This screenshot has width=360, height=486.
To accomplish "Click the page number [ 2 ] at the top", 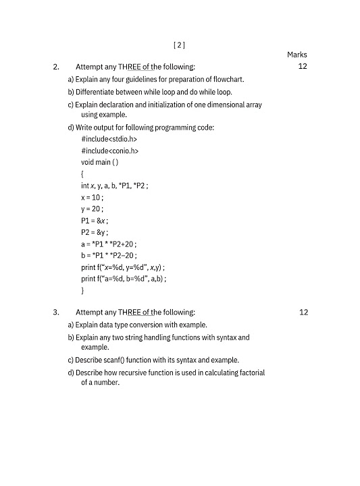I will point(179,45).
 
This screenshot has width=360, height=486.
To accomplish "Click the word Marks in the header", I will point(297,55).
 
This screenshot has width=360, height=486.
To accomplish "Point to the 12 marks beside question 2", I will point(303,67).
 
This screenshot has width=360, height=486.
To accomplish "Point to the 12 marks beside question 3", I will point(303,312).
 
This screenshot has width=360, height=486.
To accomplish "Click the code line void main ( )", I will point(100,163).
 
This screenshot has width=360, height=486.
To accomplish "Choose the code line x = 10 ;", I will point(93,198).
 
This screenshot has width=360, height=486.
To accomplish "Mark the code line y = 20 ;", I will point(93,209).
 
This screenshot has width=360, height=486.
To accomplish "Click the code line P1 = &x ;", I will point(95,221).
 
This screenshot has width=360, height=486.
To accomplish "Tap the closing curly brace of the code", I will point(83,290).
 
